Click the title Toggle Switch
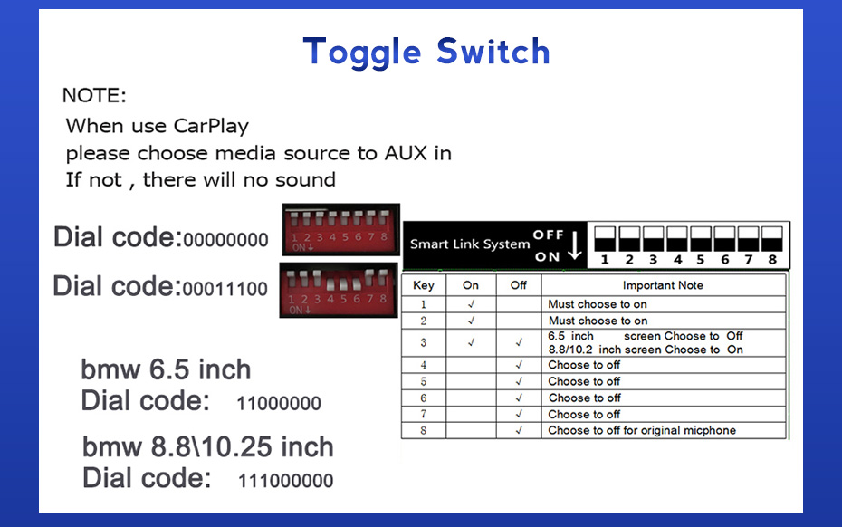426,53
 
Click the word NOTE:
94,95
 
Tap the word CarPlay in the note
211,126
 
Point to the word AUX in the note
406,153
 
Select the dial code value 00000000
225,240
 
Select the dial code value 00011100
225,289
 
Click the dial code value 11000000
279,403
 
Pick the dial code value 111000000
286,480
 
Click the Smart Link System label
470,244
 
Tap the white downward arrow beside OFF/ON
575,245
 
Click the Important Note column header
663,285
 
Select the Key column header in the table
423,285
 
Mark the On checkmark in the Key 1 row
471,304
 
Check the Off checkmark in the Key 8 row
519,430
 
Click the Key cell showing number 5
423,381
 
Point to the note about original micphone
642,430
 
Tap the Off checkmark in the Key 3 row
519,342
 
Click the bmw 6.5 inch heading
166,369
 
